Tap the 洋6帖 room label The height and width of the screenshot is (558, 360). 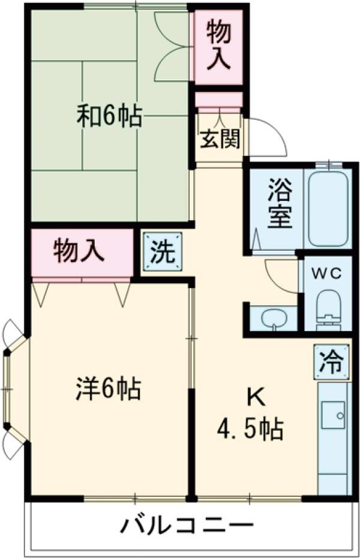[109, 389]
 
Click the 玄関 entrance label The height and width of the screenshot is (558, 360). [220, 140]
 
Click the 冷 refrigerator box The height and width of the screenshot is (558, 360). [330, 362]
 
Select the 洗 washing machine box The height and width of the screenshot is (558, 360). [162, 252]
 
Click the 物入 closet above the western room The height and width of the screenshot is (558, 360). [80, 251]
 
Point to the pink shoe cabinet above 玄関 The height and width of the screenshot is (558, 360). [218, 100]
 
